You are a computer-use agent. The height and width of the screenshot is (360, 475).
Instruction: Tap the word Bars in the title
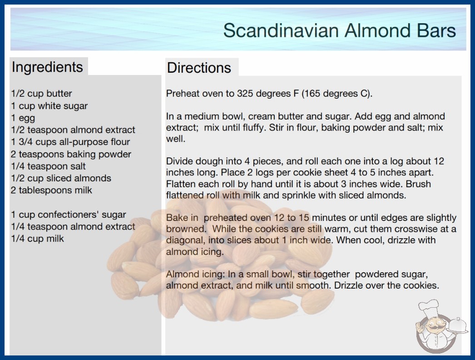tap(436, 30)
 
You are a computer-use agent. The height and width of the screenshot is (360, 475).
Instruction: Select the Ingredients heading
tap(47, 67)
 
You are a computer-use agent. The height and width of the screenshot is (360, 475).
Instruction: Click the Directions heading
tap(199, 68)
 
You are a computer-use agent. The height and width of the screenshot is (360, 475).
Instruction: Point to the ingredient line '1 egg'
tap(23, 118)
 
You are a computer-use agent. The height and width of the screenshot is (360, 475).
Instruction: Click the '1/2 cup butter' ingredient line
tap(41, 94)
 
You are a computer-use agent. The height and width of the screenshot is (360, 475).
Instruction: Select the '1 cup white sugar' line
tap(49, 106)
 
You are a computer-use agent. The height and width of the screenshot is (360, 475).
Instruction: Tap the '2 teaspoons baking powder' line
tap(71, 155)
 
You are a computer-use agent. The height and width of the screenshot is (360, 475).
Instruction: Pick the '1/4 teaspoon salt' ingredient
tap(49, 166)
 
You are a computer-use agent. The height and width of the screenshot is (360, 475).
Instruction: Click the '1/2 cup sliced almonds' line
tap(61, 178)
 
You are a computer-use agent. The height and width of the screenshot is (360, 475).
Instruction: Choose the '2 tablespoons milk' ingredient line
tap(51, 190)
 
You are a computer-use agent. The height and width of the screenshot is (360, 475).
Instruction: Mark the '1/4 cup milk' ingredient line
tap(38, 239)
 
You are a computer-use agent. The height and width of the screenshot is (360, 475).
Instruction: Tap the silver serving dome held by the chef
tap(458, 325)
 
